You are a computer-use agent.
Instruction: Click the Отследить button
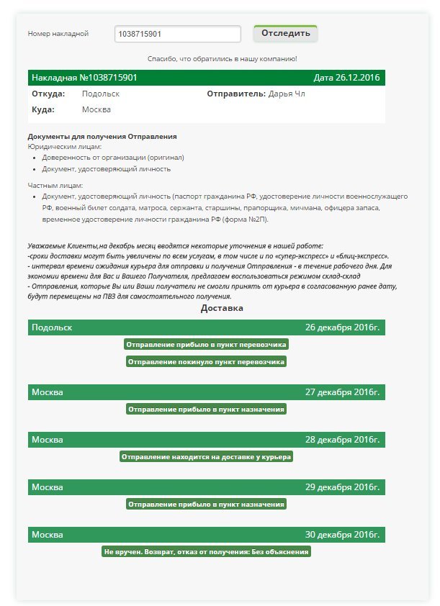click(285, 33)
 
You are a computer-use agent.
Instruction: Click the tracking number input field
click(177, 34)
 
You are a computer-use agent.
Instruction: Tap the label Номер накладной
click(58, 34)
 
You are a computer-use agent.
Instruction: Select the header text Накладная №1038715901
click(84, 77)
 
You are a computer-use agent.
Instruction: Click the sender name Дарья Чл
click(287, 94)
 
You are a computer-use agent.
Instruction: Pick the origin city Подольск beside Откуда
click(101, 94)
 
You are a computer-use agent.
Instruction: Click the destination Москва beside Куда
click(96, 109)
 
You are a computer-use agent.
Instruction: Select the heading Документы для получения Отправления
click(102, 136)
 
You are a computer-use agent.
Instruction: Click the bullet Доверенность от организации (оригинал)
click(113, 157)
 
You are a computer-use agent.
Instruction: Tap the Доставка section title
click(222, 308)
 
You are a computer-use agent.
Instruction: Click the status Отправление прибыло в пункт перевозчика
click(207, 345)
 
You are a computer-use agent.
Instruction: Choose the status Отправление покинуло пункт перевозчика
click(207, 361)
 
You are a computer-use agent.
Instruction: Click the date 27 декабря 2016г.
click(342, 392)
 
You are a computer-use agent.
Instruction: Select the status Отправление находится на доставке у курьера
click(207, 456)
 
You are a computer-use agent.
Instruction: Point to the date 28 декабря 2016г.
click(342, 440)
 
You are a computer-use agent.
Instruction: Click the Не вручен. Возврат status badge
click(207, 552)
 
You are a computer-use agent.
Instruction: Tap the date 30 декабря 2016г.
click(342, 535)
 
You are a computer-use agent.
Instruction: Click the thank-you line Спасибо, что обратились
click(222, 58)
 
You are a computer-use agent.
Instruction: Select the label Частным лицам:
click(55, 186)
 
